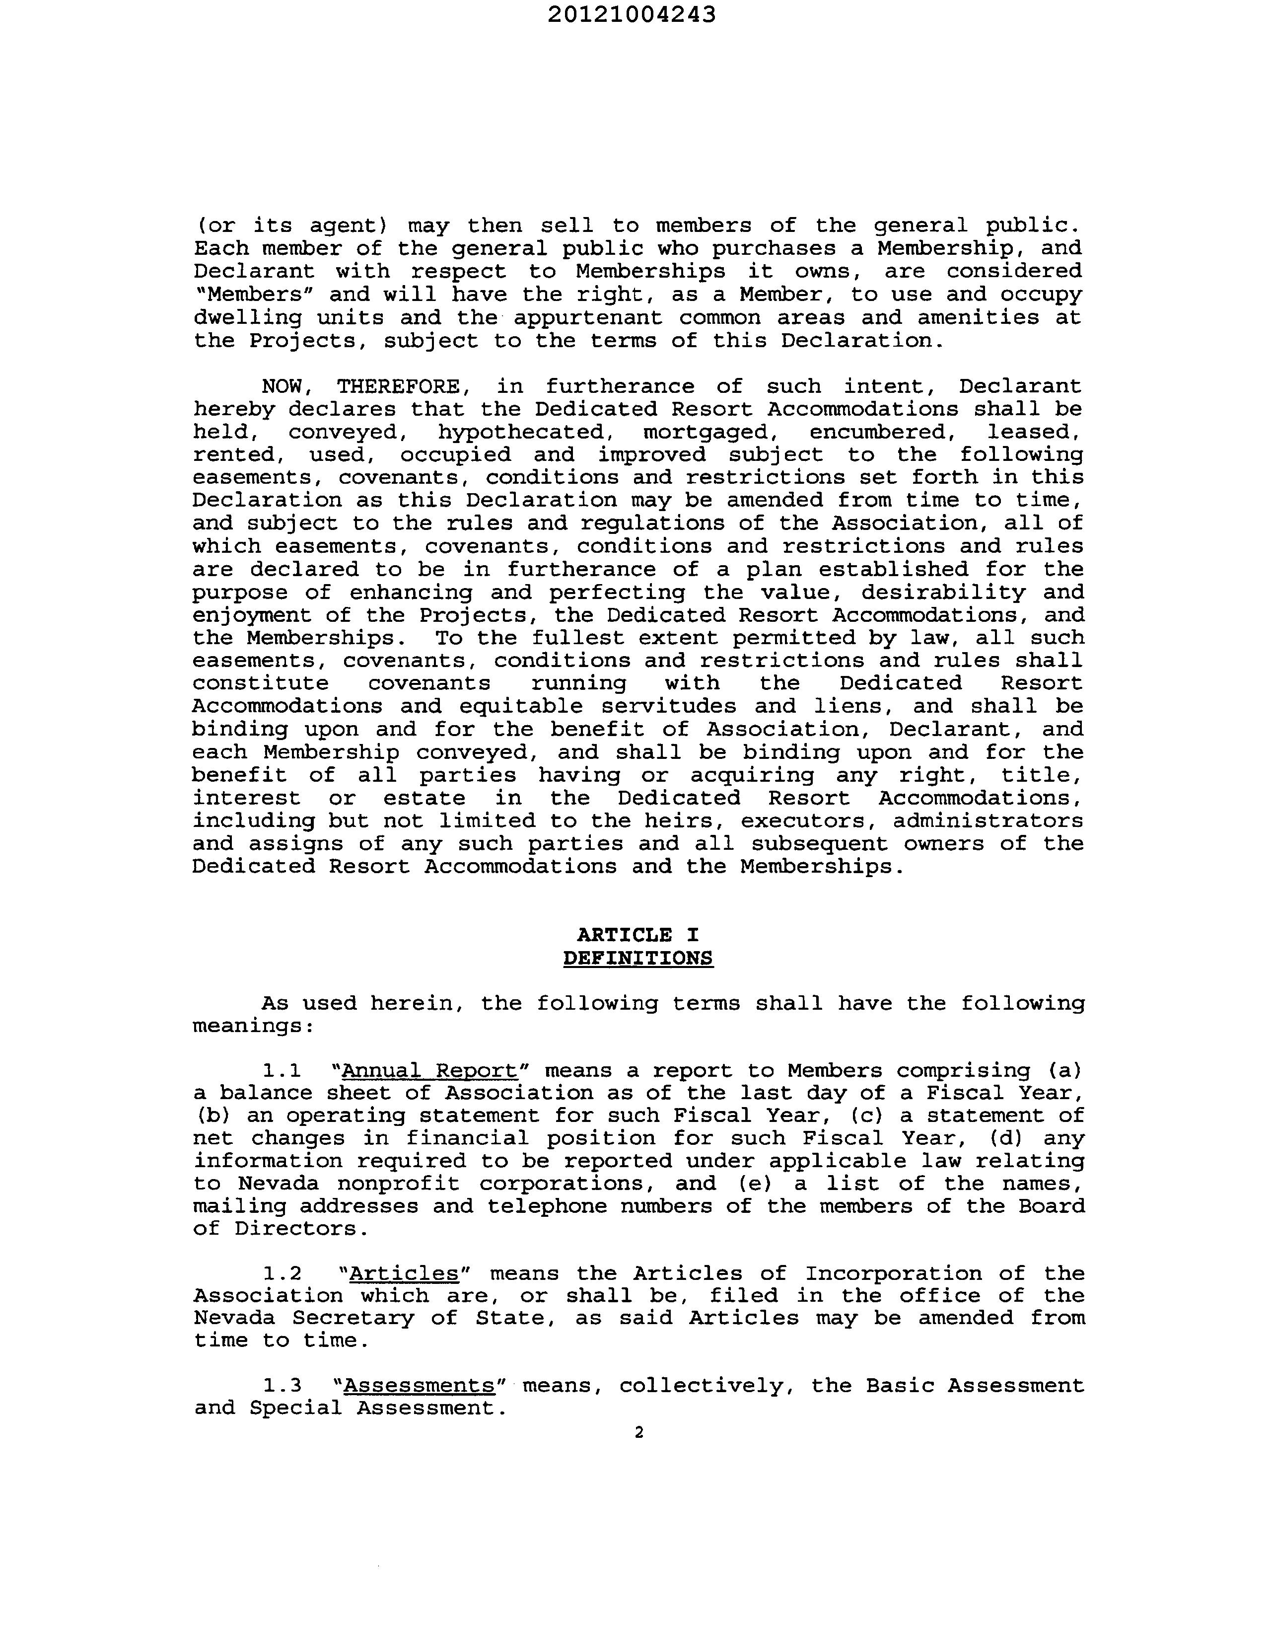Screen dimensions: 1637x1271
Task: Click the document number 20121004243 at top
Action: (x=631, y=15)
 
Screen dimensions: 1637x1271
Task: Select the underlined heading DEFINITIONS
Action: (x=638, y=959)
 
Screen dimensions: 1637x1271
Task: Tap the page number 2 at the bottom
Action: (x=638, y=1432)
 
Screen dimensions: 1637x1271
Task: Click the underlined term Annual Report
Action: (x=429, y=1070)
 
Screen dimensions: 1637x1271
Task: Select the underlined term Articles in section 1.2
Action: (x=404, y=1273)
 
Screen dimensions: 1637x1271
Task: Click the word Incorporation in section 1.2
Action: (x=893, y=1273)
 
